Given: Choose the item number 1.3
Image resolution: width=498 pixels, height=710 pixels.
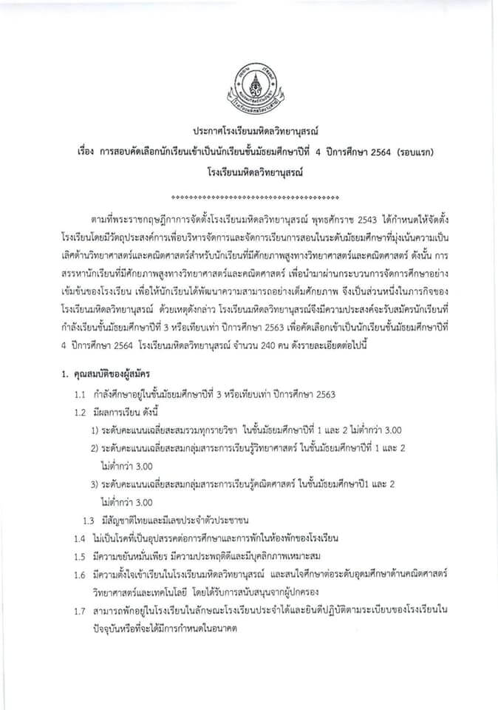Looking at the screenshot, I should coord(89,519).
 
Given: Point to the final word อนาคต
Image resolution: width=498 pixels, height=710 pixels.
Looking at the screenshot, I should coord(234,626).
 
